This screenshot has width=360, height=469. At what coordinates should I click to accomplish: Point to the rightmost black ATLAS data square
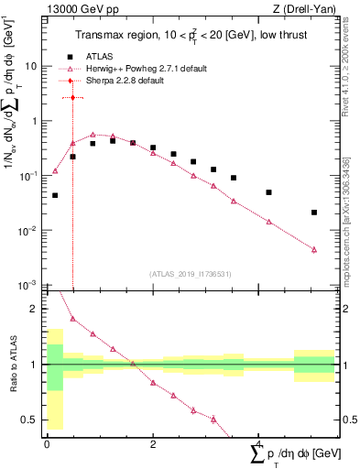[314, 213]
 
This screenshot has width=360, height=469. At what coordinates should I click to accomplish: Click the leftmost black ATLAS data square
[55, 195]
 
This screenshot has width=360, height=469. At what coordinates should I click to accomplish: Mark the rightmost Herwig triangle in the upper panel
[314, 249]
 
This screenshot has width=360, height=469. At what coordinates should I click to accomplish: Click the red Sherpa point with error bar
[72, 97]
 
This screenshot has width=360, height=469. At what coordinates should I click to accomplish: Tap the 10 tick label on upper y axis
[31, 66]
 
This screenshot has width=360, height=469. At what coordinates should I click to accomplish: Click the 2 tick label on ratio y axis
[35, 309]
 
